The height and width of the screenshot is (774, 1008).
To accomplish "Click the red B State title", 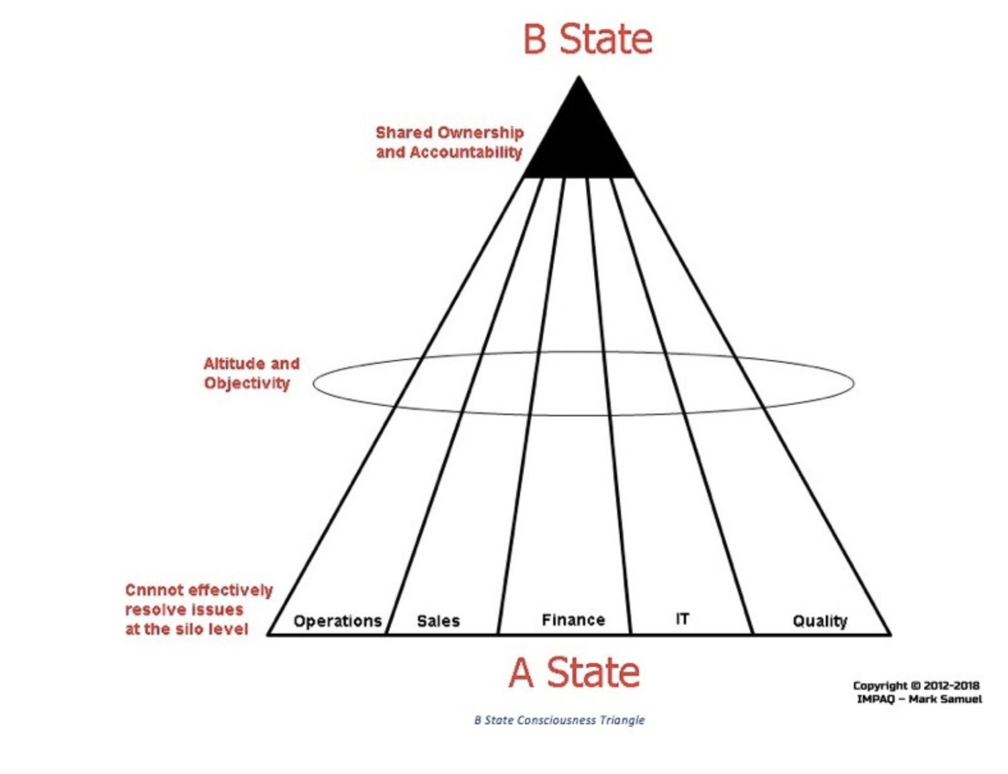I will click(587, 39).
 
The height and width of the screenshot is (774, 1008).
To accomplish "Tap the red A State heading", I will click(574, 673).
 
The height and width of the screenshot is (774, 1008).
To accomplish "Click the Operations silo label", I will click(337, 621).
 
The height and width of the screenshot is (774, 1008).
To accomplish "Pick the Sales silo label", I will click(438, 621).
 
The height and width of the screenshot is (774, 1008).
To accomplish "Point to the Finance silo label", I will click(573, 620).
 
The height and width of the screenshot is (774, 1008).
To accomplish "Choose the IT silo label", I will click(682, 619).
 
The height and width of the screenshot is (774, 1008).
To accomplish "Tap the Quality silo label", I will click(820, 621).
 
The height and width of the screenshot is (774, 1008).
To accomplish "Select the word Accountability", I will click(466, 152).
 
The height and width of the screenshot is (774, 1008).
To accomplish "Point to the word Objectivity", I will click(247, 383).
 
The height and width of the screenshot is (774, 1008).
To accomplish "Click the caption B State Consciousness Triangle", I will click(559, 720).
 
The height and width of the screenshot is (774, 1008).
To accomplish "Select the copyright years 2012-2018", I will click(952, 685).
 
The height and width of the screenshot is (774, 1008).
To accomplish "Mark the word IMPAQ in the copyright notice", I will click(876, 699).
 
